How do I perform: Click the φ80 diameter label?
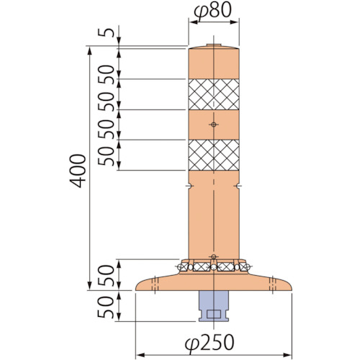(212, 11)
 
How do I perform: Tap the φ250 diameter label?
(210, 343)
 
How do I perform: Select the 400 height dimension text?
(78, 171)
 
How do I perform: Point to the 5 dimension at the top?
(106, 32)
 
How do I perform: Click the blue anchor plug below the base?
(214, 306)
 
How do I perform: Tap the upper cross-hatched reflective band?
(214, 94)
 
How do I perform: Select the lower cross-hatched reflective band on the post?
(214, 155)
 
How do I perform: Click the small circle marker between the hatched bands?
(214, 125)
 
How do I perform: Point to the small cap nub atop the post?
(214, 45)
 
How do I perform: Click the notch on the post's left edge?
(189, 186)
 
